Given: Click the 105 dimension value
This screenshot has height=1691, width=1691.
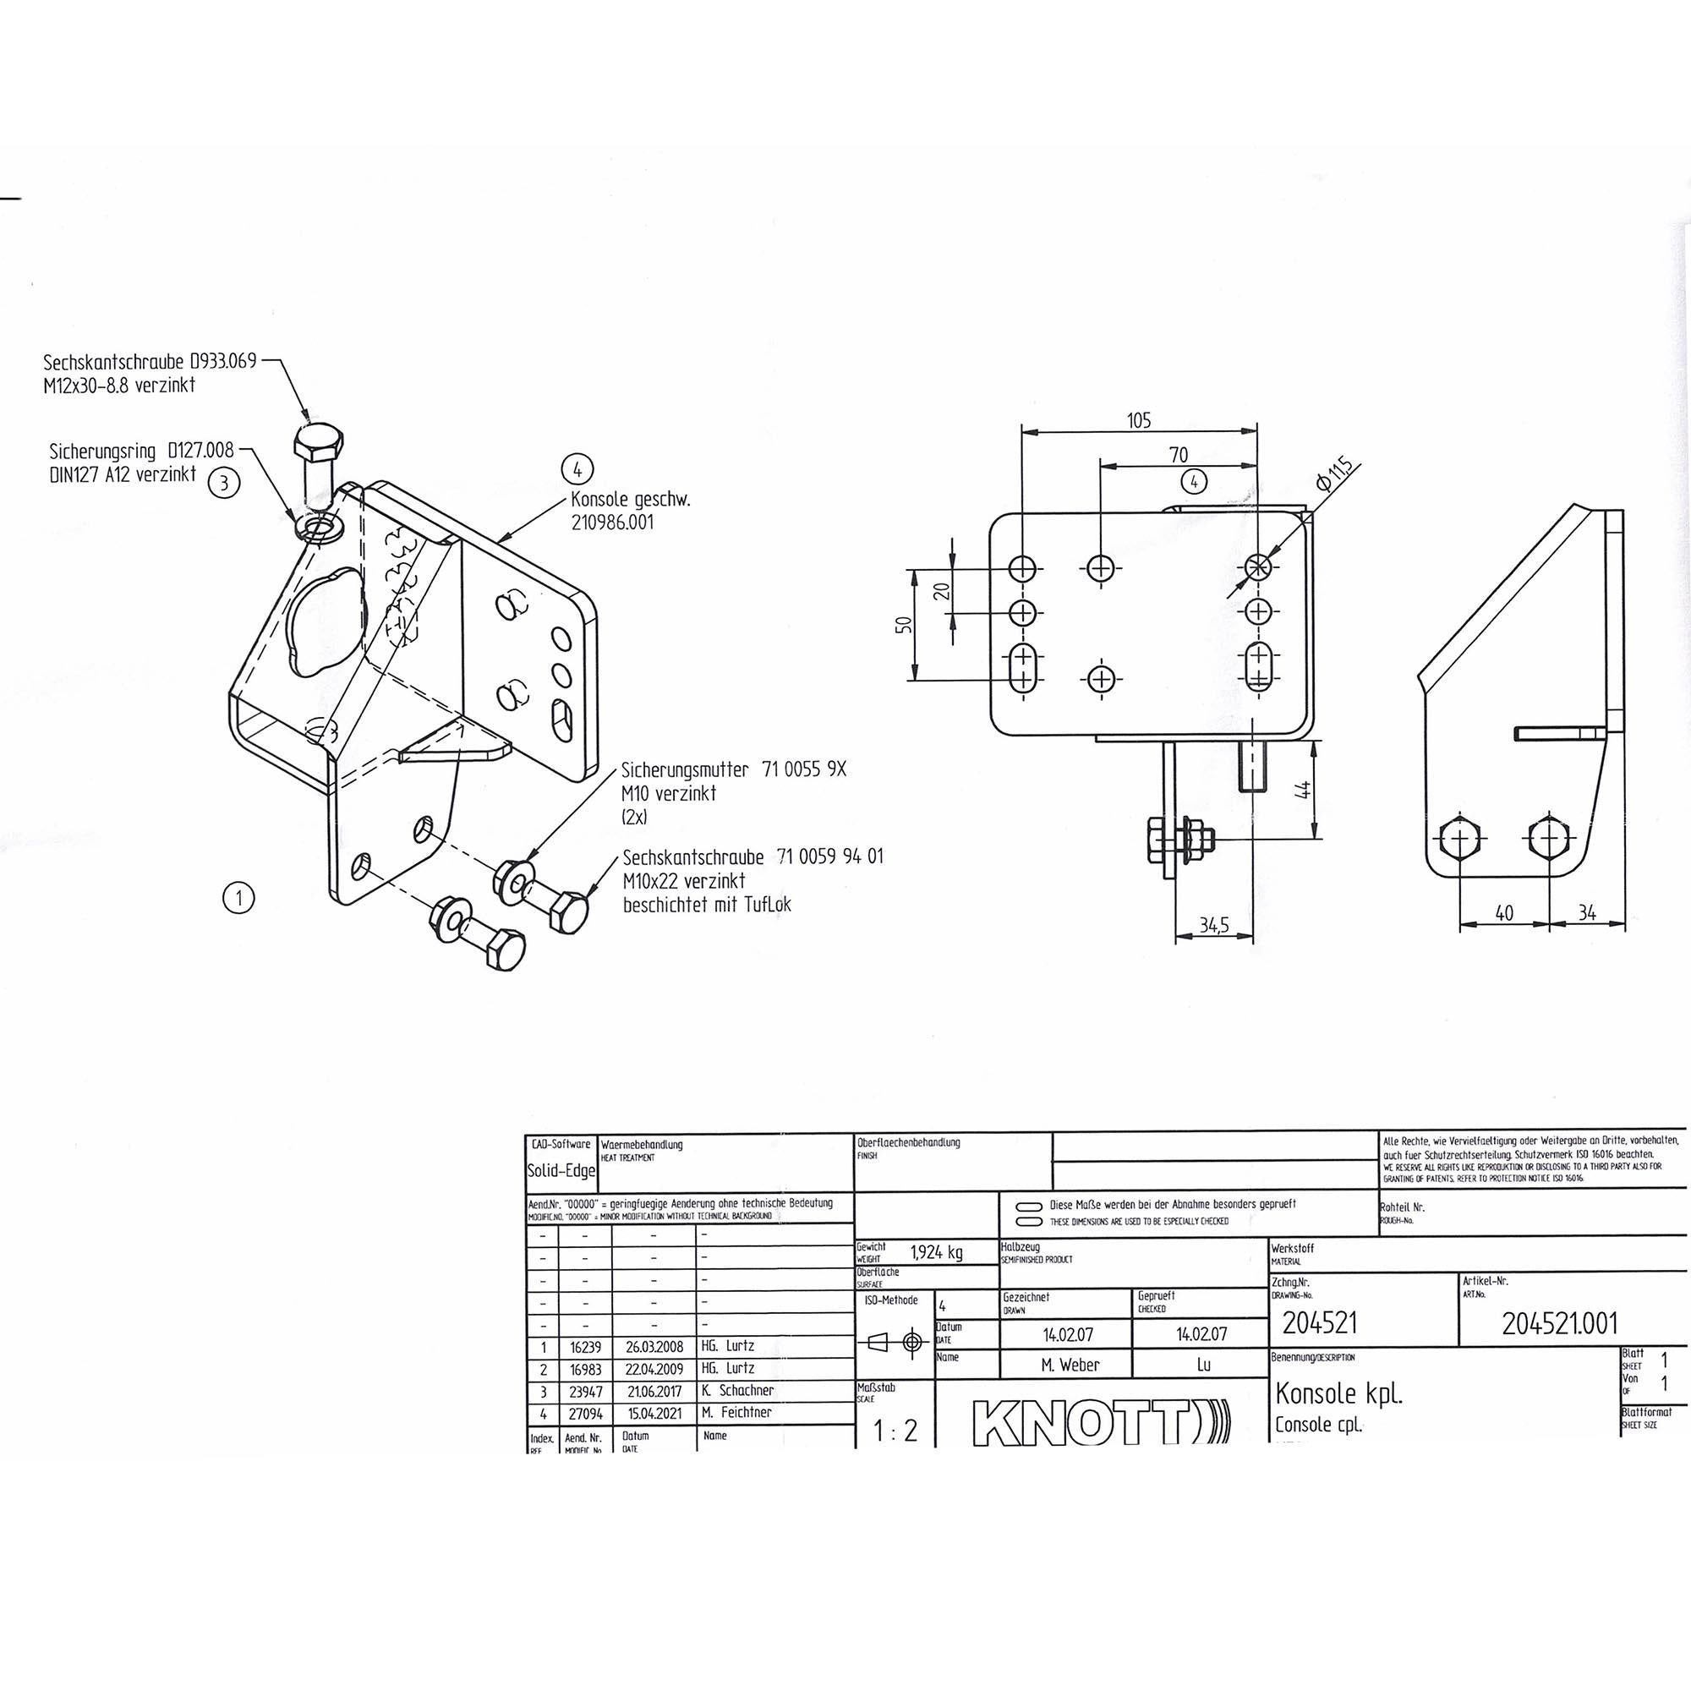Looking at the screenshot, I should tap(1138, 421).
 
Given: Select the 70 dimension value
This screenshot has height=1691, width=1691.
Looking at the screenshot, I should tap(1179, 455).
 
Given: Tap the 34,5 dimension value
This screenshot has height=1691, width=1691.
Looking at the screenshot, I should tap(1213, 925).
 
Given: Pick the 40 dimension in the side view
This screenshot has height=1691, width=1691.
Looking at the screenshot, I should tap(1503, 913).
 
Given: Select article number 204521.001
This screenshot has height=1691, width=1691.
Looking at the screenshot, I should tap(1560, 1324).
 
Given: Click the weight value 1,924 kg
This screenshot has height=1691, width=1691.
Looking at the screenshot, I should tap(937, 1252).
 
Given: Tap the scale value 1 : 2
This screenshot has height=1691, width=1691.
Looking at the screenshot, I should tap(895, 1431).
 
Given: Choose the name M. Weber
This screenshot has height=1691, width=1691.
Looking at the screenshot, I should tap(1070, 1365).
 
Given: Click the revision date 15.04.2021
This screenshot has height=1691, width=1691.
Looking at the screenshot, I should tap(654, 1412).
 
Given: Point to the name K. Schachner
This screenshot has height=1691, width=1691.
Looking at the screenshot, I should tap(737, 1390).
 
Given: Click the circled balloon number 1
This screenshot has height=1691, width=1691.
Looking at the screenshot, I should tap(239, 897).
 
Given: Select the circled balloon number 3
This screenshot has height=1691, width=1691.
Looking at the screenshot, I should tap(225, 483).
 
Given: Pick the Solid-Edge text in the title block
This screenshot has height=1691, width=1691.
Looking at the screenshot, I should tap(561, 1170).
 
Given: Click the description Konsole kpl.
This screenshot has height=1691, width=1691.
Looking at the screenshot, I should tap(1338, 1393).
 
